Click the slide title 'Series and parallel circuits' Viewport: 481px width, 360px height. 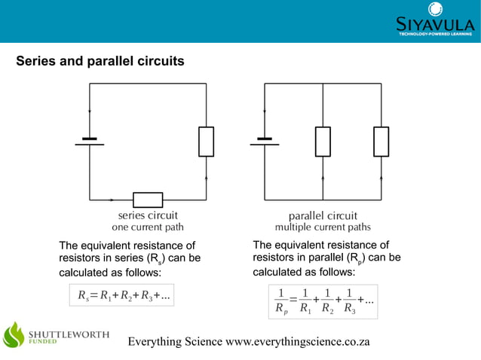coord(100,60)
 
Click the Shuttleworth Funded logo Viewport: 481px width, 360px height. coord(57,335)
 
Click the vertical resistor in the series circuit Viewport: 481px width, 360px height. coord(206,142)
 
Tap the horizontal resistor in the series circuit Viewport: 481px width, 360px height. coord(148,200)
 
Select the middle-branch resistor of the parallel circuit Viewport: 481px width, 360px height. coord(323,142)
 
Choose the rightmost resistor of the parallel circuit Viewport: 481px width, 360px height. coord(381,142)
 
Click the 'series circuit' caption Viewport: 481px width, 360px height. coord(148,215)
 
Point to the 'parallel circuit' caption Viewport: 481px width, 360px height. coord(323,215)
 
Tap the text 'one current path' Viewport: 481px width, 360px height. coord(148,227)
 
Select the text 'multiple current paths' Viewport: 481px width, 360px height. coord(323,227)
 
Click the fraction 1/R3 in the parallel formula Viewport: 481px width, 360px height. coord(348,301)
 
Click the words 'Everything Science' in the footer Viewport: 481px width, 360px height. coord(176,342)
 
